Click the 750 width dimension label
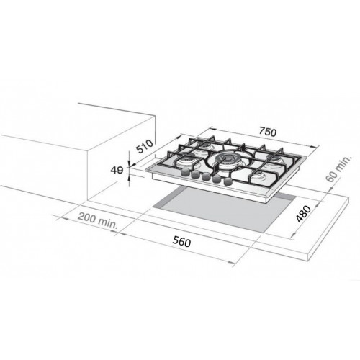pyautogui.click(x=268, y=132)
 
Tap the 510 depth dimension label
pyautogui.click(x=145, y=146)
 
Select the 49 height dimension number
pyautogui.click(x=117, y=170)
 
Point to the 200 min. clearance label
pyautogui.click(x=98, y=221)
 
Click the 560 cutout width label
pyautogui.click(x=181, y=241)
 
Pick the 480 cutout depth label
pyautogui.click(x=303, y=214)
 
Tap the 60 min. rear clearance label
pyautogui.click(x=339, y=168)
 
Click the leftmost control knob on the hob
pyautogui.click(x=185, y=172)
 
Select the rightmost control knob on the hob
pyautogui.click(x=228, y=181)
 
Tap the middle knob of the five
pyautogui.click(x=206, y=176)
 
